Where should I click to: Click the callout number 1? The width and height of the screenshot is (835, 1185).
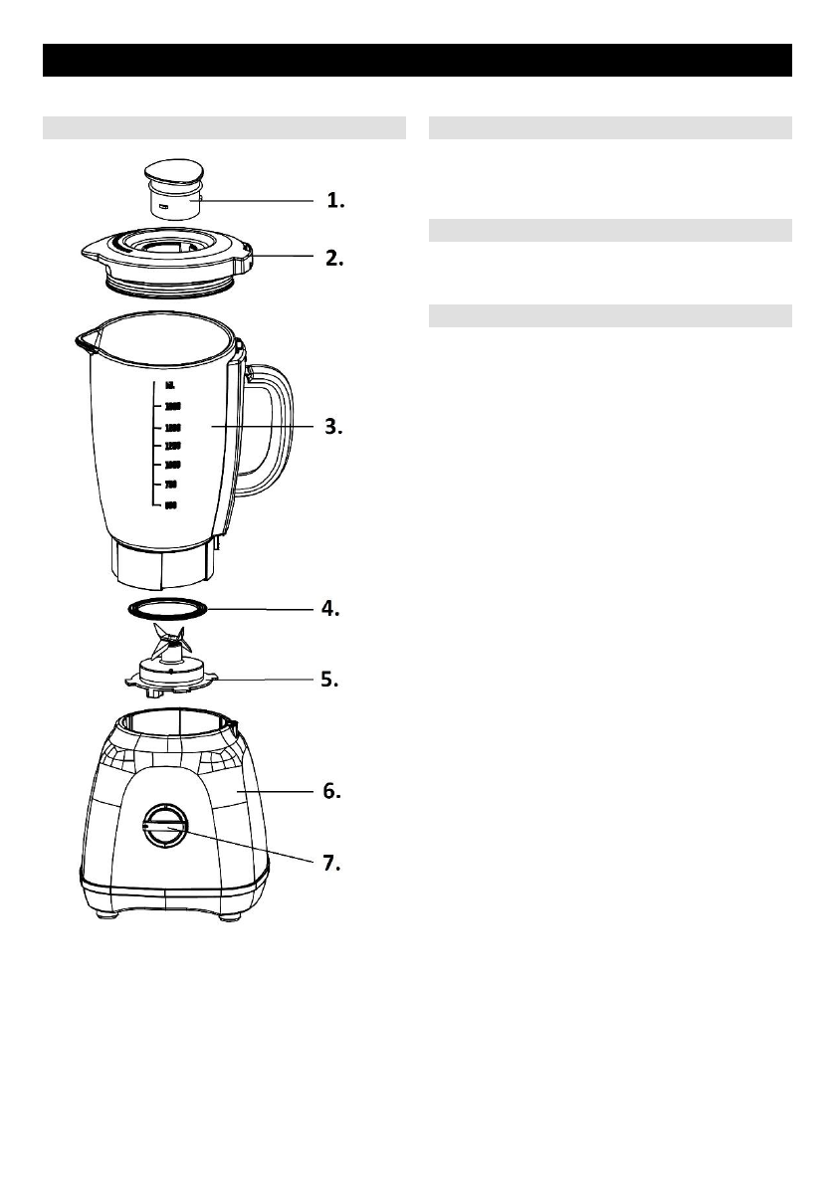tap(335, 201)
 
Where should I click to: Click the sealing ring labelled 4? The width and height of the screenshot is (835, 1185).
tap(168, 608)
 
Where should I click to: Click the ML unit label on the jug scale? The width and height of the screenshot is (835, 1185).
tap(171, 386)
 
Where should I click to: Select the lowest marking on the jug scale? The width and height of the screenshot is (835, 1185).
tap(170, 505)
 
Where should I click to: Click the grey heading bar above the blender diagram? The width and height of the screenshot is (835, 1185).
tap(224, 127)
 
